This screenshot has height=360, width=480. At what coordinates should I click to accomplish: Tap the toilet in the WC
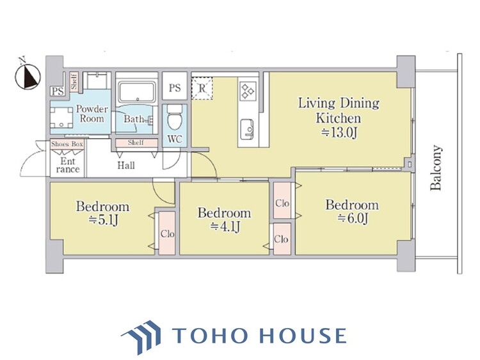175,118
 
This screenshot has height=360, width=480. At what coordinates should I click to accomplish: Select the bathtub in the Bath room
137,91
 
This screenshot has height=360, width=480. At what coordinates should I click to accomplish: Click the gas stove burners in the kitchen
248,91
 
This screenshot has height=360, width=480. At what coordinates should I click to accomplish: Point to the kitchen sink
247,129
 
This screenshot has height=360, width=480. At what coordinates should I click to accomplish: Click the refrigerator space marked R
202,88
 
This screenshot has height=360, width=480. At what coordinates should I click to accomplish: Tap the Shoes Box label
67,144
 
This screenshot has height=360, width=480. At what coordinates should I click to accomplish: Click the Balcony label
436,168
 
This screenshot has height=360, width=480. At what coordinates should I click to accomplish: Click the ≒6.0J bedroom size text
353,219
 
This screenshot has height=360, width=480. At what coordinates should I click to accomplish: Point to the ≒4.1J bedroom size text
225,226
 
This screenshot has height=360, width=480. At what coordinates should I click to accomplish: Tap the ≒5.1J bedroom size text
103,219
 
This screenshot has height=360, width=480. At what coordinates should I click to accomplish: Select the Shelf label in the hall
136,143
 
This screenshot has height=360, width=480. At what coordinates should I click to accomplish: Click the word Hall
126,166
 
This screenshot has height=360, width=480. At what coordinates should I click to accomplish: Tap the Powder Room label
92,113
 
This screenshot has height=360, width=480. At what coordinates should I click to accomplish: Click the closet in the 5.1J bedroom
167,233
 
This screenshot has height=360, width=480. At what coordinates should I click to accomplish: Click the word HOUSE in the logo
303,336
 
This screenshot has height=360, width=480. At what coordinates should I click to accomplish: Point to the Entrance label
68,165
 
